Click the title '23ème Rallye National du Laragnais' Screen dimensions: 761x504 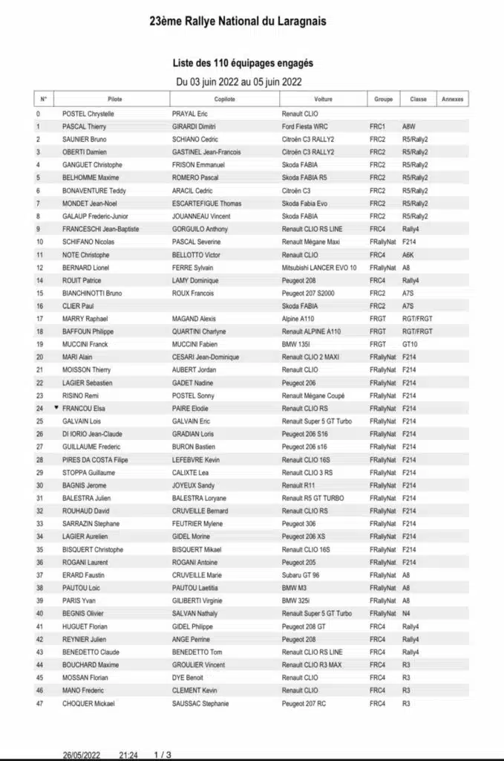coord(238,22)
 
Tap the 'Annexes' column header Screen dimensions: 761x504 coord(452,99)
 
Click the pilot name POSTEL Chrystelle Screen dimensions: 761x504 coord(88,114)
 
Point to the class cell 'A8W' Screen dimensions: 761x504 coord(410,126)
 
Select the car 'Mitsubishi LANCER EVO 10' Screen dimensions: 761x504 coord(319,268)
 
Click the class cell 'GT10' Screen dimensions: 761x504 coord(410,344)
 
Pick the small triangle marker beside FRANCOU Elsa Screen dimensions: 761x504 coord(56,408)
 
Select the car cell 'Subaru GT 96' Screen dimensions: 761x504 coord(304,575)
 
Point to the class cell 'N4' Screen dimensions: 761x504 coord(406,614)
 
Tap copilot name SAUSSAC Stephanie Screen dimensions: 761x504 coord(200,704)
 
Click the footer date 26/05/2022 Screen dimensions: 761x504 coord(82,754)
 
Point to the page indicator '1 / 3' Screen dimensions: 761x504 coord(163,754)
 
